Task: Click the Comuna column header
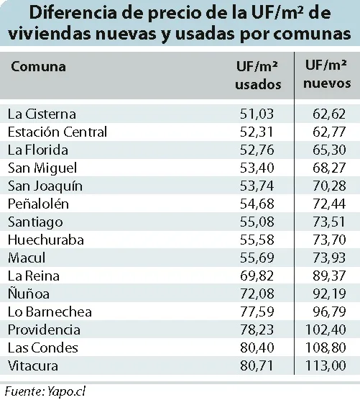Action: pos(39,67)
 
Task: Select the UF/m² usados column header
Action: pos(258,76)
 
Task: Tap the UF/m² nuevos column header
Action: pos(327,74)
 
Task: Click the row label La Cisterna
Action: pos(42,114)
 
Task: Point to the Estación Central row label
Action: pos(57,132)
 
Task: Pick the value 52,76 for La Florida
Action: pos(257,150)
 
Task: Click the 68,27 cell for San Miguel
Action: pos(329,168)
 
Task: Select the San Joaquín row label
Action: pos(45,186)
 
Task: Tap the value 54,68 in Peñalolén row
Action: pos(257,204)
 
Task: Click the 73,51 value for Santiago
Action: pos(328,222)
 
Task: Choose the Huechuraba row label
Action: pos(46,240)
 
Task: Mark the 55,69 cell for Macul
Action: pos(257,258)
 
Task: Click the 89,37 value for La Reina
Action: pos(329,276)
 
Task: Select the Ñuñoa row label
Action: pos(29,293)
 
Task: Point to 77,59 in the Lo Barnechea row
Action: pos(257,312)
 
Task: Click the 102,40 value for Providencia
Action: pos(326,329)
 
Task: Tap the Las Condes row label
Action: pos(43,347)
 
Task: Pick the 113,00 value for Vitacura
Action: pos(326,365)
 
